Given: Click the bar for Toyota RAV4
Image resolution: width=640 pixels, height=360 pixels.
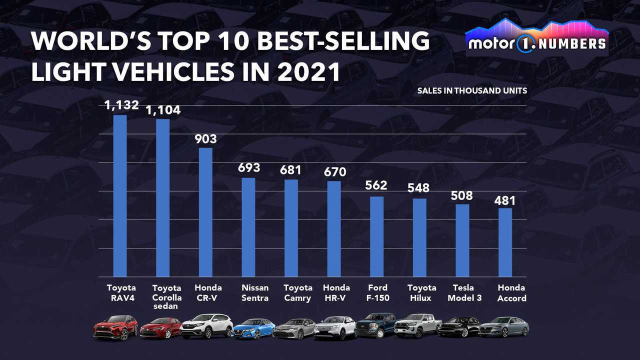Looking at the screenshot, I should click(x=120, y=196).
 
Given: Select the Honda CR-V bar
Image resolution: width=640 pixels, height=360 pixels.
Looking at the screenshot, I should click(x=205, y=212).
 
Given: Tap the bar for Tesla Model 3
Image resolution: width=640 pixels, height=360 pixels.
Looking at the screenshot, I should click(x=462, y=240).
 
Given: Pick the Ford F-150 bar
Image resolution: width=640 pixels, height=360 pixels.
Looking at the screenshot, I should click(x=377, y=236).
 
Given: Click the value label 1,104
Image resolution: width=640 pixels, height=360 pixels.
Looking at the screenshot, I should click(x=162, y=110).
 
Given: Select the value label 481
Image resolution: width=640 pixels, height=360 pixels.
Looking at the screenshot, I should click(x=505, y=200).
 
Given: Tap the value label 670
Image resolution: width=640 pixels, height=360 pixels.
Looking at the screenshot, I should click(x=334, y=172).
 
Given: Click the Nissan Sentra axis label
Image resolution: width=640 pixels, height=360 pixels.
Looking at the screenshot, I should click(x=255, y=293).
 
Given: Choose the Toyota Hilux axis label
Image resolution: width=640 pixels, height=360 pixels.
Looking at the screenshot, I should click(x=421, y=293).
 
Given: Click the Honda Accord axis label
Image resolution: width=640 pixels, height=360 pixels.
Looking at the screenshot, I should click(x=511, y=293).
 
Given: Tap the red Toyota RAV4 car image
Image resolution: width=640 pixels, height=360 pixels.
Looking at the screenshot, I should click(x=115, y=327).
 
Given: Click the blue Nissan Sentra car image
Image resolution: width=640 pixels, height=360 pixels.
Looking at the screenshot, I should click(x=254, y=328).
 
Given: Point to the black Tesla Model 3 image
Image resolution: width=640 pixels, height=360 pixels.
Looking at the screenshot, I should click(x=458, y=327).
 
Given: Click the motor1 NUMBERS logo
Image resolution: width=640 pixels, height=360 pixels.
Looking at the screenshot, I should click(x=536, y=37).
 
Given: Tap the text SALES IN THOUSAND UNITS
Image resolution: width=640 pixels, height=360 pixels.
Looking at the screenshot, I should click(x=472, y=91).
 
